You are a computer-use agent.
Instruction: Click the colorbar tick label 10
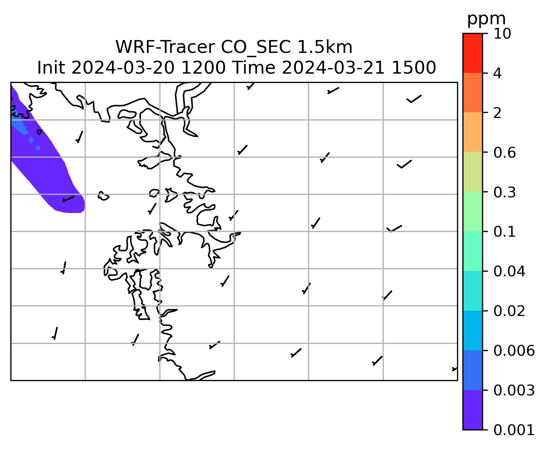(502, 34)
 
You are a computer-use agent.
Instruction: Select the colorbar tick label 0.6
(504, 153)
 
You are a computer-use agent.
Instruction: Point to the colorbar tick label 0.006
(514, 351)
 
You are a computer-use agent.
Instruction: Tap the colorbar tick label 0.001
(514, 430)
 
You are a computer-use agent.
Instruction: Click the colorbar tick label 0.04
(509, 271)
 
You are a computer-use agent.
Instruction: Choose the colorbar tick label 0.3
(504, 192)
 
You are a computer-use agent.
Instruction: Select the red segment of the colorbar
(472, 53)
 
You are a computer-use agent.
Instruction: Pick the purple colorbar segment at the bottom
(472, 410)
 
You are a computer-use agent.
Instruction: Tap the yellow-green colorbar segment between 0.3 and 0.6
(472, 172)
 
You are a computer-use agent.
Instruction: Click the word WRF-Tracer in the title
(165, 47)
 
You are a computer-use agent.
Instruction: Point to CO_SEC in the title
(255, 48)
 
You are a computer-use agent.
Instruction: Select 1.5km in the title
(325, 47)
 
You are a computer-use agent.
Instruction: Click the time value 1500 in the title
(414, 68)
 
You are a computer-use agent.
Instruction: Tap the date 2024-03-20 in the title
(123, 68)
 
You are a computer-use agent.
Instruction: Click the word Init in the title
(51, 68)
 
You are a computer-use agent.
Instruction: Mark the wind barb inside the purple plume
(68, 199)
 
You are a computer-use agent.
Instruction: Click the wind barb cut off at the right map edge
(455, 369)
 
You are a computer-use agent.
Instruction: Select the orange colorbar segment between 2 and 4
(472, 93)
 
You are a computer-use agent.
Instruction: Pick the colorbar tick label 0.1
(504, 232)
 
